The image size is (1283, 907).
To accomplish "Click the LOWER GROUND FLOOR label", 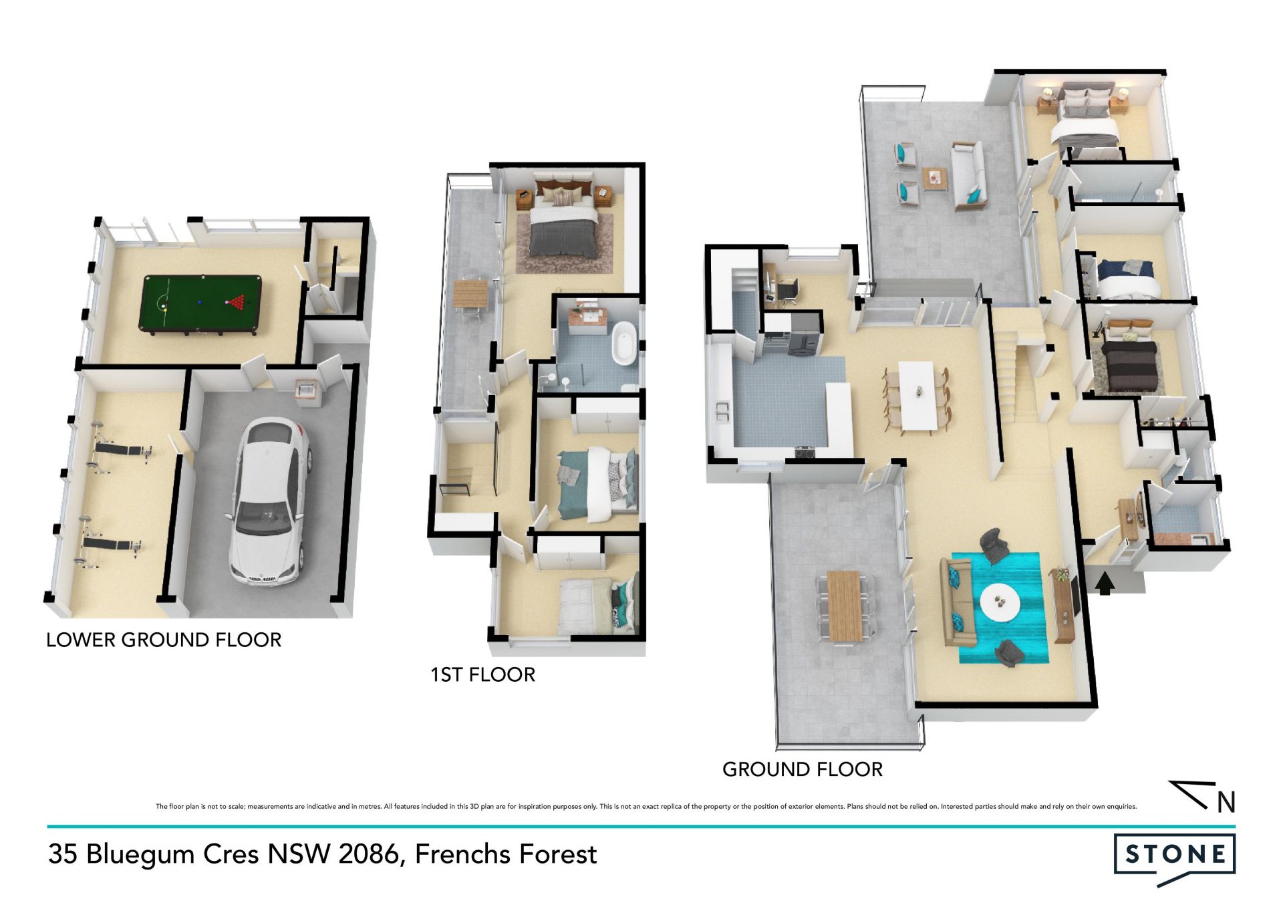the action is coord(164,640).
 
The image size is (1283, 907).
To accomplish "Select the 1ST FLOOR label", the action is coord(482,675).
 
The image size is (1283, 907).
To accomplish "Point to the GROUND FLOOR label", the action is coord(803,770).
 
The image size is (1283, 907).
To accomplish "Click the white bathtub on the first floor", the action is coord(625,343).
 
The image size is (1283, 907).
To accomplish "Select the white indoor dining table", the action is coord(917,396).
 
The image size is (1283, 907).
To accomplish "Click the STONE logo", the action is coord(1175,858).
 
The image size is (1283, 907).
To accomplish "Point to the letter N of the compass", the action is coord(1226,803).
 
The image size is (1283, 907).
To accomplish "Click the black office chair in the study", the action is coord(787,291).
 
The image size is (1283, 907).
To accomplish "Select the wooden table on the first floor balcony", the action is coord(471,294).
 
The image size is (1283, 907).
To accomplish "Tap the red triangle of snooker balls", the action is coord(237,302).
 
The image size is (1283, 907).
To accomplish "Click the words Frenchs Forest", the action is coord(506,854).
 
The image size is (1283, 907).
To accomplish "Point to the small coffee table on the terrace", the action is coord(935,178).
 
